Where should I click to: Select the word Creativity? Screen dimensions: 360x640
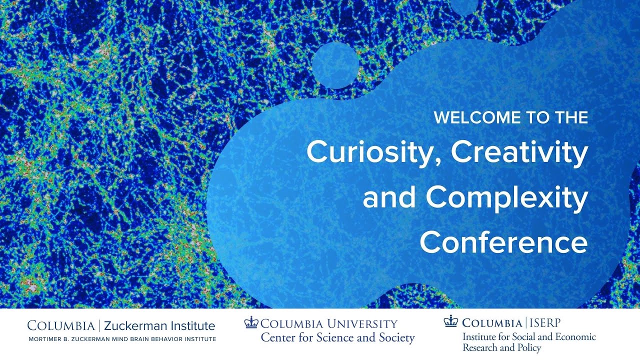[x=519, y=153]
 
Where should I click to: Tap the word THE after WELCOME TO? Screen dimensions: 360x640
[x=569, y=118]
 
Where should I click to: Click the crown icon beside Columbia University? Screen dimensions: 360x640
[x=251, y=323]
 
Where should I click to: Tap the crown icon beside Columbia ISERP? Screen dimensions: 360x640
[x=450, y=321]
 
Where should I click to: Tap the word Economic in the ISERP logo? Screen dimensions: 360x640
[x=574, y=336]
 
